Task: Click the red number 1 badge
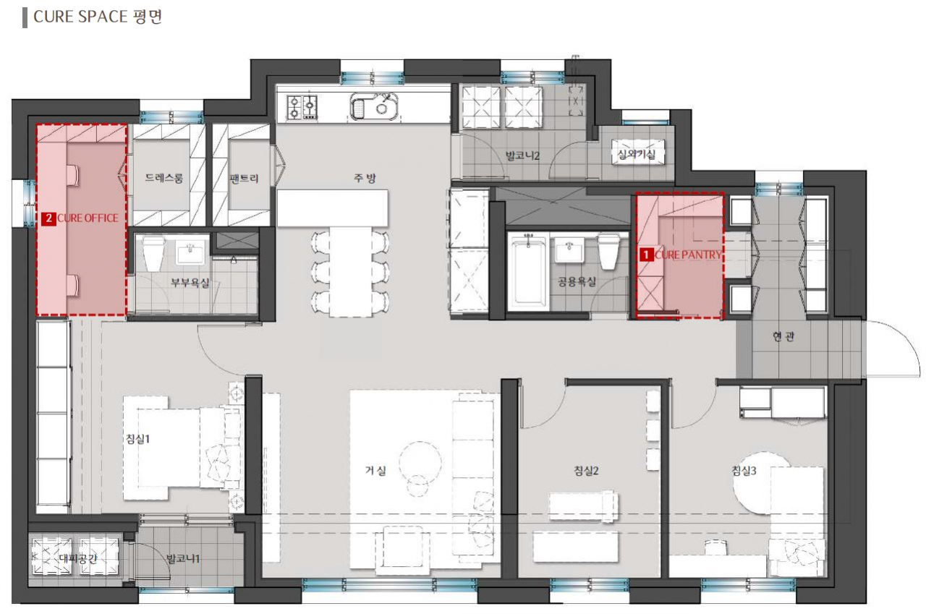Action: coord(646,255)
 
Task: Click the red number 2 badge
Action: coord(48,218)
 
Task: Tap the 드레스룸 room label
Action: coord(163,178)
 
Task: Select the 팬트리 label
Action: coord(244,179)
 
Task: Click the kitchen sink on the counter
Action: coord(374,106)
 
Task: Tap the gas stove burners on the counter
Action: coord(302,107)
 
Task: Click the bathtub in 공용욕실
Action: coord(528,270)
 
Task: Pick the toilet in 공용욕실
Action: coord(608,251)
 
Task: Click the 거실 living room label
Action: coord(375,470)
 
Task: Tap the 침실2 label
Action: coord(586,471)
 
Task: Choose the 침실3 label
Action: coord(744,471)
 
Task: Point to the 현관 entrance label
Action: coord(783,337)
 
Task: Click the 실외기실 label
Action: coord(636,155)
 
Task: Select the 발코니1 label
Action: coord(183,559)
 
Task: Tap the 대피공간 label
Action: coord(77,558)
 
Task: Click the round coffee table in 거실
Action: coord(420,462)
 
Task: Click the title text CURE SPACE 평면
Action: coord(98,17)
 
